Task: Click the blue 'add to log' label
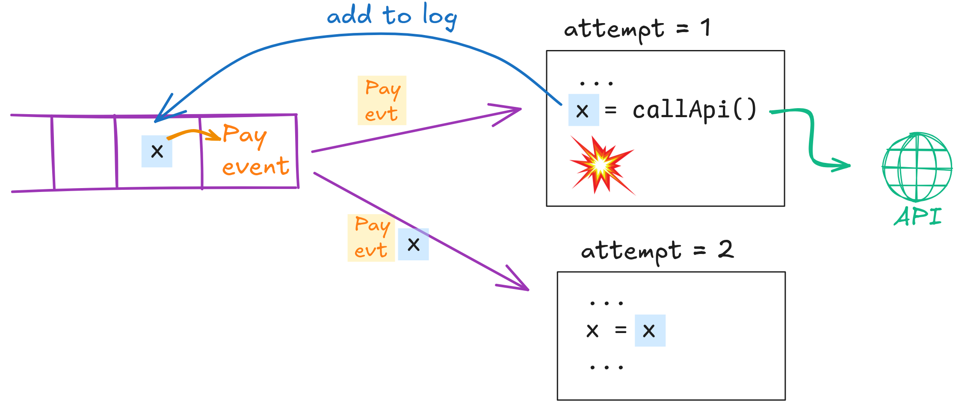click(391, 16)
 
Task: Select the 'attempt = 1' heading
click(637, 29)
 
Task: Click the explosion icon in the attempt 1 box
click(598, 166)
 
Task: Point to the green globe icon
click(917, 167)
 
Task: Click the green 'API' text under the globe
click(918, 216)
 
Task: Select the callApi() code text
click(694, 110)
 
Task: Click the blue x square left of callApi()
click(583, 110)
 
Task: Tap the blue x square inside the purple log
click(157, 151)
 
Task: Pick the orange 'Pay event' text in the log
click(255, 150)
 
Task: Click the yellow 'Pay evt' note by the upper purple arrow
click(382, 100)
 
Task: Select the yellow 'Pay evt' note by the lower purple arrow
click(371, 238)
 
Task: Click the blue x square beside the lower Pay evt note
click(413, 245)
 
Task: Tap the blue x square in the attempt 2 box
click(650, 330)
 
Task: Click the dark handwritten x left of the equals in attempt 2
click(592, 330)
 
